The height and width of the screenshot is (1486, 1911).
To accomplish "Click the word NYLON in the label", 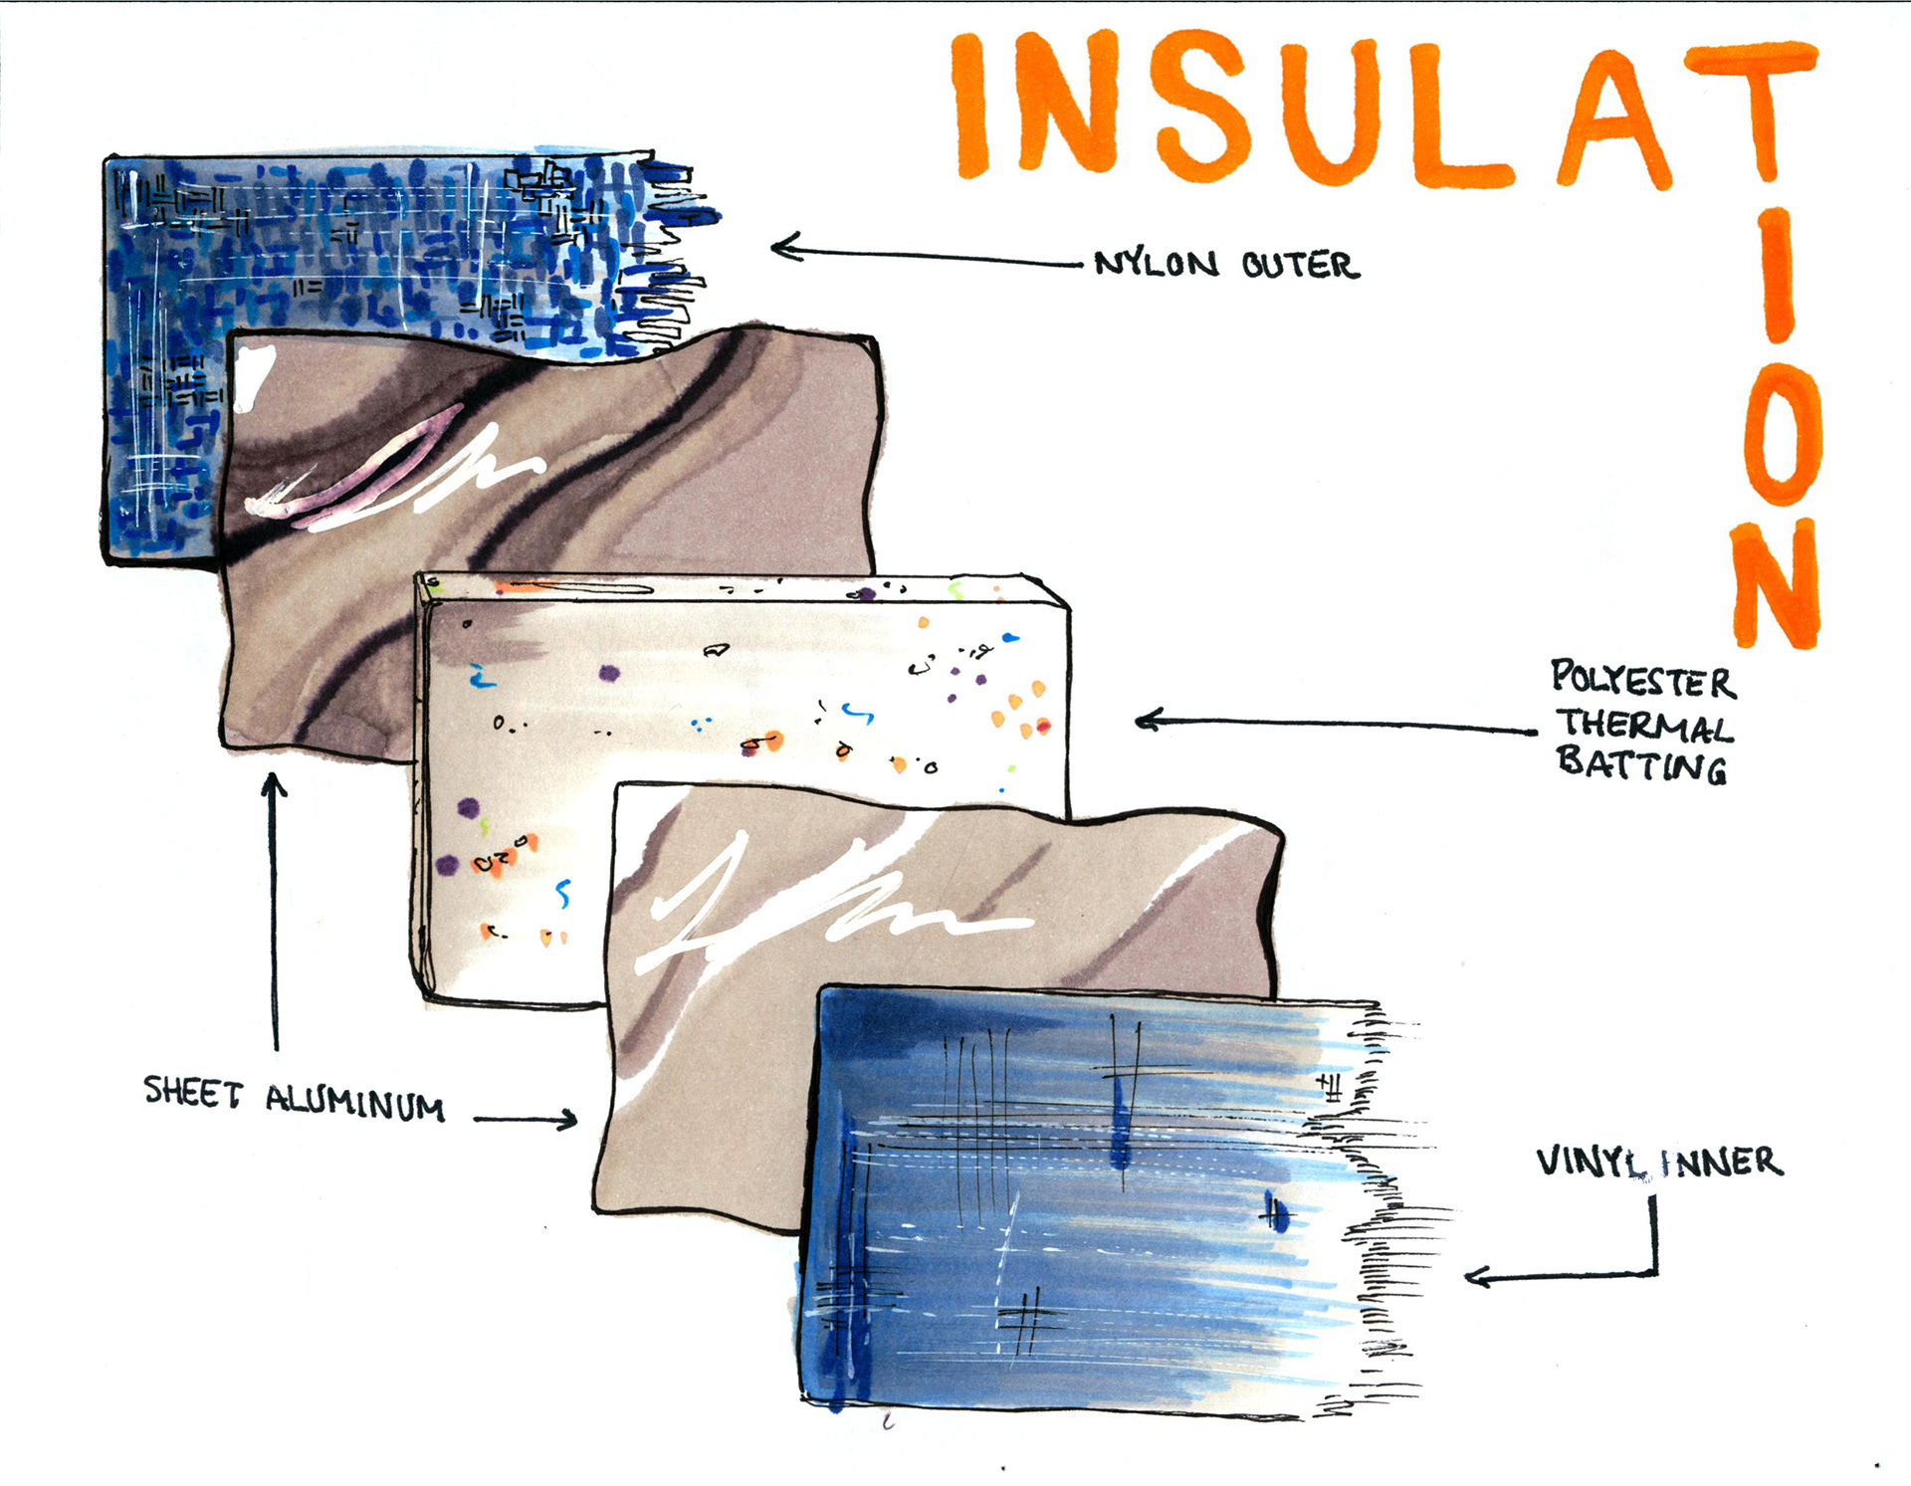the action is point(1156,264).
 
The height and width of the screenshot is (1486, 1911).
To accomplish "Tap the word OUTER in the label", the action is point(1300,266).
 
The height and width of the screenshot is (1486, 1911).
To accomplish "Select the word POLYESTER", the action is point(1642,680).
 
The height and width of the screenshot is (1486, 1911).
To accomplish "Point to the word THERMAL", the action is point(1644,726).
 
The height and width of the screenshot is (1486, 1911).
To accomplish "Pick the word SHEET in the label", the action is point(192,1093).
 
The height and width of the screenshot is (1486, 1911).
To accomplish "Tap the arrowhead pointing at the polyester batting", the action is point(1146,720).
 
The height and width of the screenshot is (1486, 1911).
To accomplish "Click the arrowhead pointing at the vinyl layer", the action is point(1475,1276).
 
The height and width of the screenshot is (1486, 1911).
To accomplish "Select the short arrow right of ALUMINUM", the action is point(526,1120).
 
